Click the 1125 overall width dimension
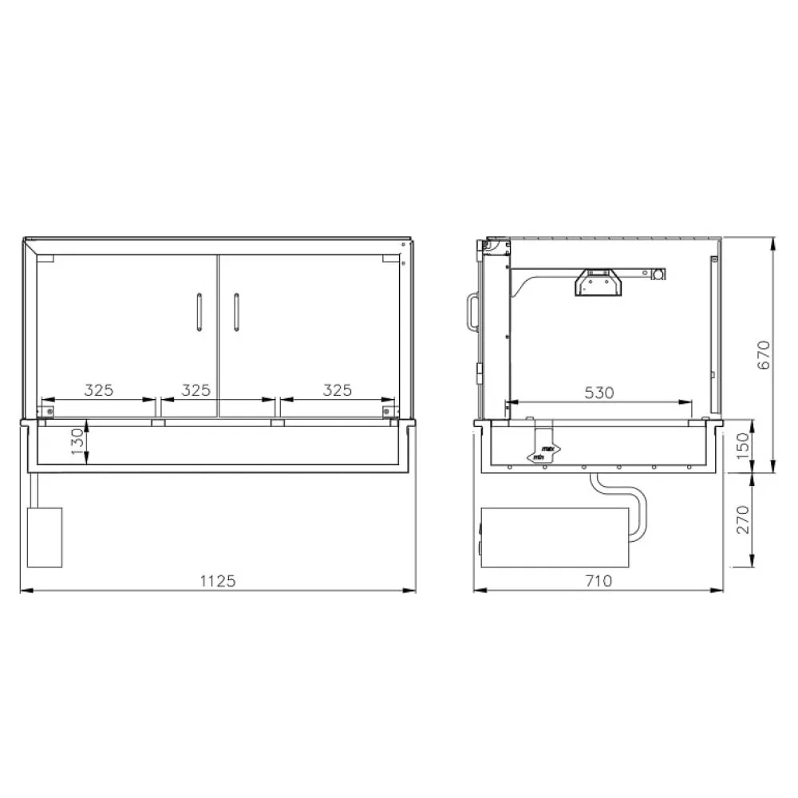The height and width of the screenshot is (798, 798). [217, 581]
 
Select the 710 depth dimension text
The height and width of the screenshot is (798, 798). [598, 581]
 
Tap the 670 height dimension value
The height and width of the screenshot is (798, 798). [763, 354]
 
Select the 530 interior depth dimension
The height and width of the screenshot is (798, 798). [598, 393]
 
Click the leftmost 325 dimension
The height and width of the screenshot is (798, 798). [99, 390]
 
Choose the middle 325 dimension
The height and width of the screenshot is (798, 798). [196, 390]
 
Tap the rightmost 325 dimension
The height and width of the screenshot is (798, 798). [337, 390]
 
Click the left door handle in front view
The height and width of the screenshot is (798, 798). [199, 312]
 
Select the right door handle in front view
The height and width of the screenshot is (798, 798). [236, 312]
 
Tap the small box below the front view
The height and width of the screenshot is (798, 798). [45, 536]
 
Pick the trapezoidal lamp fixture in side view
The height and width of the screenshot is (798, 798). [597, 282]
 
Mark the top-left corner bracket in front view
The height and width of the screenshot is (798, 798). [45, 259]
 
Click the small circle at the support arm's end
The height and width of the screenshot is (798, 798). [659, 274]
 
